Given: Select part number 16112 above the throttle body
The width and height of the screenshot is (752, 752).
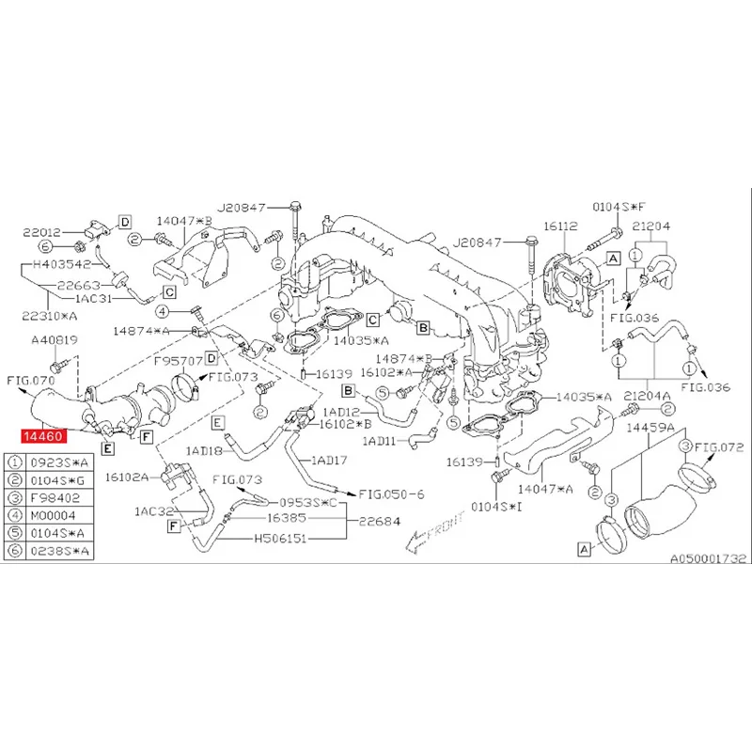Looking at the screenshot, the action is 560,226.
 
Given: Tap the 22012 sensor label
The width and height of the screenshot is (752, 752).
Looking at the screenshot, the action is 42,232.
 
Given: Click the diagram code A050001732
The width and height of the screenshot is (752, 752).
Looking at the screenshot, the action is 708,558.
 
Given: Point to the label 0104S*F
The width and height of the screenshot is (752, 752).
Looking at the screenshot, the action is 619,207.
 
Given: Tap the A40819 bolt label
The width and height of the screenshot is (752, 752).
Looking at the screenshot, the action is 55,340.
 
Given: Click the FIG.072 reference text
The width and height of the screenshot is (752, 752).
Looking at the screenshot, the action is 718,447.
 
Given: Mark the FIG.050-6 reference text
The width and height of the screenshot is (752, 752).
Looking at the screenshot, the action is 391,494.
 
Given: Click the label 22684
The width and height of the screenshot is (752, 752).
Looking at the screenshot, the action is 380,521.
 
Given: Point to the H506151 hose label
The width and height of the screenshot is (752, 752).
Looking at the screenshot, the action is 280,539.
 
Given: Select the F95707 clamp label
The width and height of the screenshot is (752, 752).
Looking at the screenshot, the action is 179,360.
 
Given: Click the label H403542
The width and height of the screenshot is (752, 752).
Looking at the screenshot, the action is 62,264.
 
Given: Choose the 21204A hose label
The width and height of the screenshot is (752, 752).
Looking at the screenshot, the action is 647,396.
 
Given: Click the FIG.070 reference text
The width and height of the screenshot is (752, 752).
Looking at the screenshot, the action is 31,381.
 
